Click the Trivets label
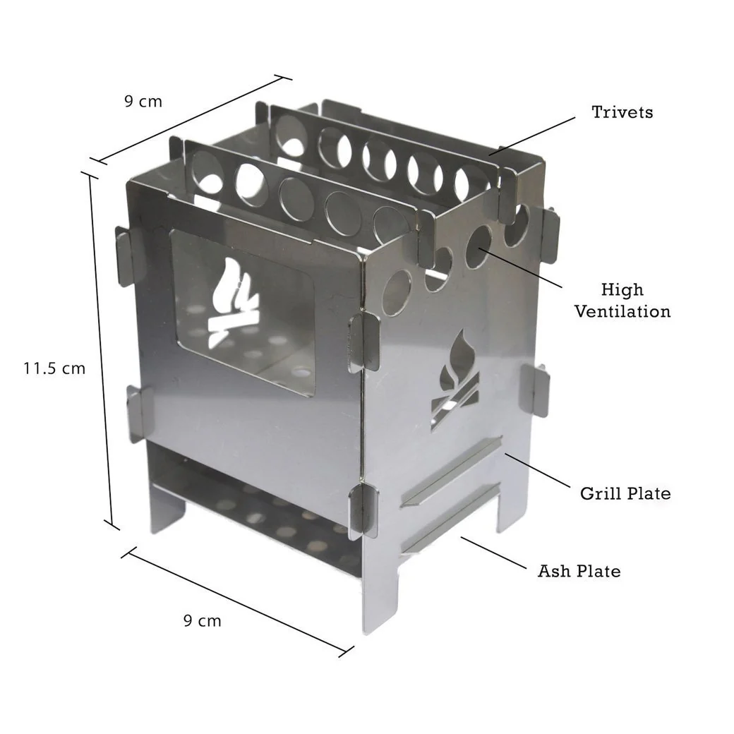(x=622, y=112)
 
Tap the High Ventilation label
(x=622, y=300)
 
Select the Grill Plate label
(x=625, y=493)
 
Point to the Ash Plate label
(x=579, y=570)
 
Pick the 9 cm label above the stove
(x=143, y=101)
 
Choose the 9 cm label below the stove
(x=202, y=621)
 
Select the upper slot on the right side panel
(x=450, y=471)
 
